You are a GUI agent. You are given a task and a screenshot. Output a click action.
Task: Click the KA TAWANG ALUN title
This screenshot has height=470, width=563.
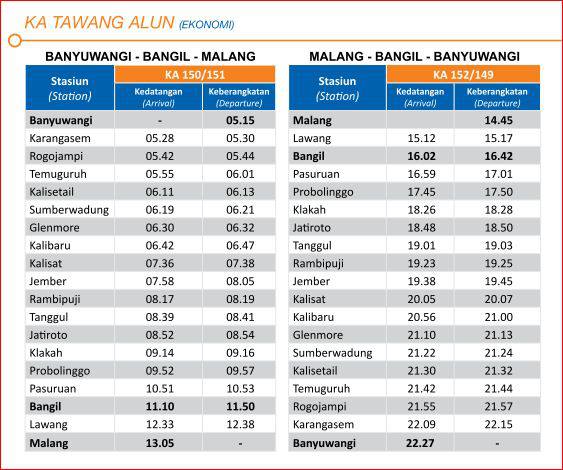pos(99,23)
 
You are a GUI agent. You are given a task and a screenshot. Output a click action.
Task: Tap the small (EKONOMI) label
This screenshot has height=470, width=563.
pos(206,25)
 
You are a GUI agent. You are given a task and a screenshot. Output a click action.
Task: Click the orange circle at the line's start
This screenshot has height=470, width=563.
pos(15,41)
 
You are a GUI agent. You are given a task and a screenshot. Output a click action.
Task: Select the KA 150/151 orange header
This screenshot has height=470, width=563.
pos(195,74)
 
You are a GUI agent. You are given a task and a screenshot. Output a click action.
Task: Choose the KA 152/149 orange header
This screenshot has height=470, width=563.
pos(463,74)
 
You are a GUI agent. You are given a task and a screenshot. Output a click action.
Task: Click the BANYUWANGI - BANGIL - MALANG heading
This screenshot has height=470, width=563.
pos(150,56)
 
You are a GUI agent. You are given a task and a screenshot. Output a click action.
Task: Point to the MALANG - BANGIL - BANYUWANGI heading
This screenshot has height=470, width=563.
pos(414,56)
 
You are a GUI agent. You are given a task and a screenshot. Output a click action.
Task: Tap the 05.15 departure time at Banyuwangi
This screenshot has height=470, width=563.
pos(240,120)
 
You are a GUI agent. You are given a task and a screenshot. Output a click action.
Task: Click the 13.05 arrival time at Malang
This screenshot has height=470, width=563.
pos(160,443)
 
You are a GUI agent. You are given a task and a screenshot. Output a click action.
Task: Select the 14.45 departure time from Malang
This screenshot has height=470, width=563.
pos(498,120)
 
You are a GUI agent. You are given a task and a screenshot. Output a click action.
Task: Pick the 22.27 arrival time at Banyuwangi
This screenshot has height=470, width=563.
pos(420,443)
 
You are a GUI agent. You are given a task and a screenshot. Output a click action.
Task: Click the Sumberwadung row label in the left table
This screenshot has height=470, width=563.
pos(69,210)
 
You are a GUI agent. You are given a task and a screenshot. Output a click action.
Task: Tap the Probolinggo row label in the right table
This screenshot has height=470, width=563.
pos(323,192)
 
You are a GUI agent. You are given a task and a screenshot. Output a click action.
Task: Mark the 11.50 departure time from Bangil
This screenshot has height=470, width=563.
pos(240,406)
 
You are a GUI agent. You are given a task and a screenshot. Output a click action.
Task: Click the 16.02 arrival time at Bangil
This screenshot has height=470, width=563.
pos(422,156)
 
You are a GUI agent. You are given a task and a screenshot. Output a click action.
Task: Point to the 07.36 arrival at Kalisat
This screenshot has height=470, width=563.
pos(160,263)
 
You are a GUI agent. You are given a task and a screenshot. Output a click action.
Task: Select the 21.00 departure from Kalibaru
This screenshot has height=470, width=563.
pos(498,317)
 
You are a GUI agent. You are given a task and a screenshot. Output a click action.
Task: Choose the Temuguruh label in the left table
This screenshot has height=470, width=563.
pos(58,174)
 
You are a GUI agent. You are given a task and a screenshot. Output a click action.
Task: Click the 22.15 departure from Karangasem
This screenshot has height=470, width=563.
pos(498,424)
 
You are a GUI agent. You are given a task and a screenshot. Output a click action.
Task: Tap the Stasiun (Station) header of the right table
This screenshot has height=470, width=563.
pos(337,88)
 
